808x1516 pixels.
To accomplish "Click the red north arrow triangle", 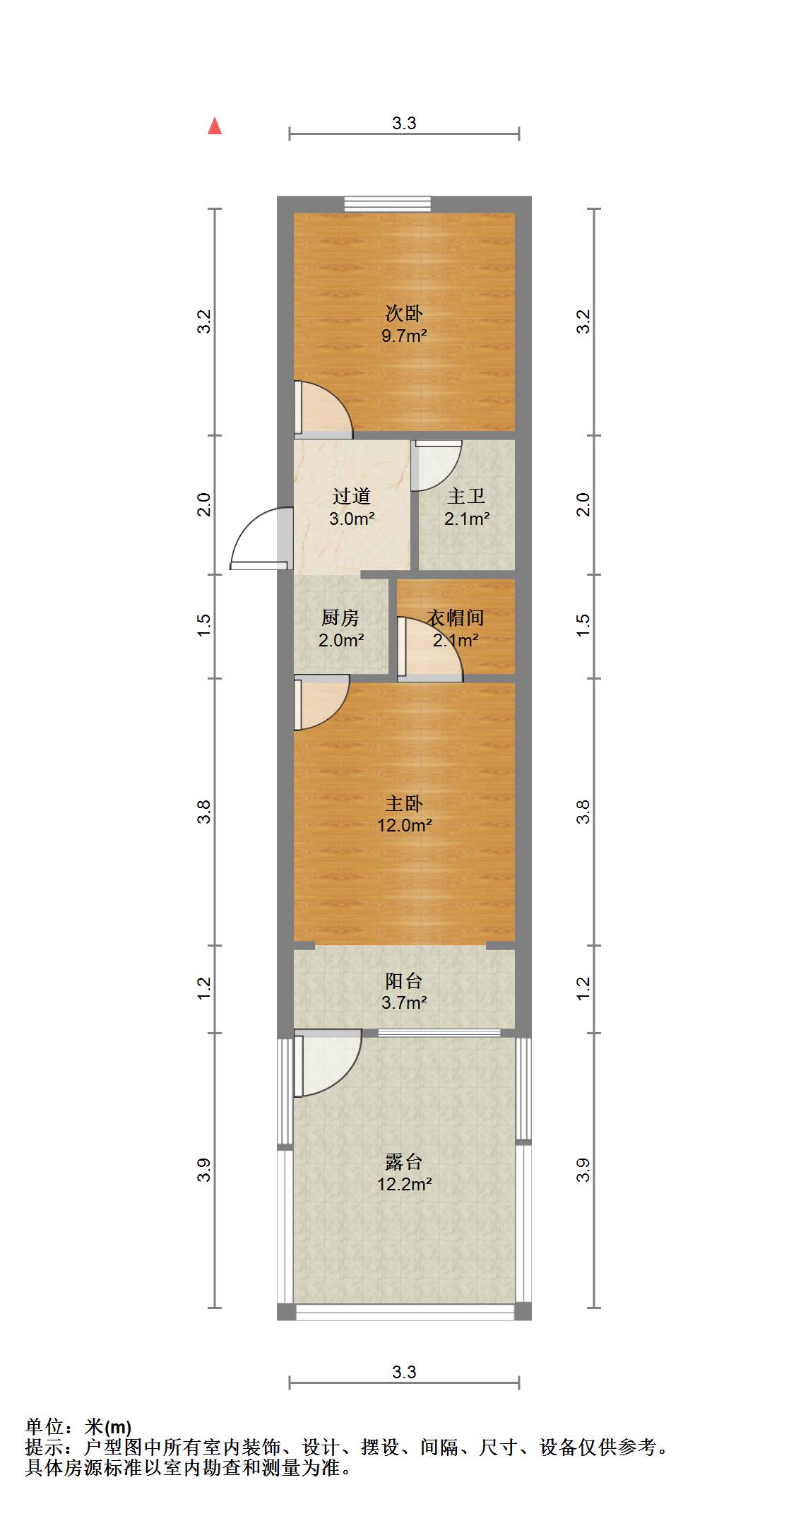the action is [215, 126].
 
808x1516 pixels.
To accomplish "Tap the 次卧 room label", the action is [404, 313].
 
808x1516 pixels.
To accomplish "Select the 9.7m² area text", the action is [404, 336].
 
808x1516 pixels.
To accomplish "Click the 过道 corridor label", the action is [351, 497].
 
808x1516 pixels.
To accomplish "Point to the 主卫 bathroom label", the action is [466, 497].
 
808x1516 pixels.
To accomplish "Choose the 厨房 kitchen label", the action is [340, 618].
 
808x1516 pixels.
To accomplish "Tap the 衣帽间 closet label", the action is [456, 618].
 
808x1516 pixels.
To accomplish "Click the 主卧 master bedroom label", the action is [404, 803].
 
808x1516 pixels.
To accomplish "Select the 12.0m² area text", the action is [404, 825].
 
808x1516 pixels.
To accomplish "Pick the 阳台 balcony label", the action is [404, 981].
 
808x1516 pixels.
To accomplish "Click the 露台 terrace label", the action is [404, 1161].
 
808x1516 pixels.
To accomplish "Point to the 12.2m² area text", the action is [404, 1184].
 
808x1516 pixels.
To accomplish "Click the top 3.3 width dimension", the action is [404, 124].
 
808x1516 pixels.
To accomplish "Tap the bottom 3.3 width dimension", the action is [404, 1373].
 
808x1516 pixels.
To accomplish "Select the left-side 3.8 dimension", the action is [204, 812].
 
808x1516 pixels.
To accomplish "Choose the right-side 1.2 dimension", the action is [583, 988].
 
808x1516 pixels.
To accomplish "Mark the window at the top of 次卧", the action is [388, 203].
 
